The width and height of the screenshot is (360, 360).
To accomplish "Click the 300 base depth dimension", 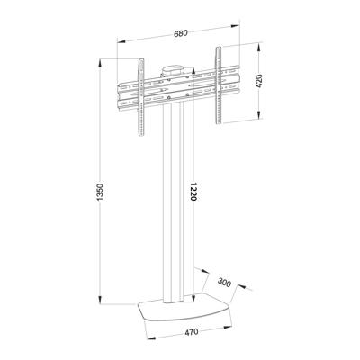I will click(224, 283).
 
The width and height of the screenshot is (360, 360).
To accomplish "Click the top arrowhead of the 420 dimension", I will click(260, 45).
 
